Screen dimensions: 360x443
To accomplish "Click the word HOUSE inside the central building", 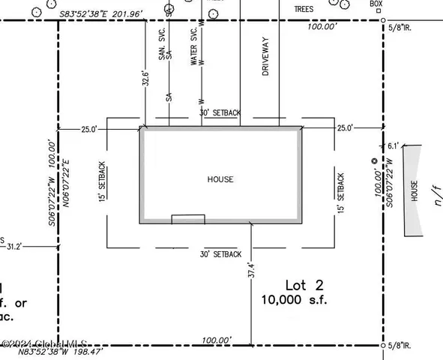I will pos(220,180).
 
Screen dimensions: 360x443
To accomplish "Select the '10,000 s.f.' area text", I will pos(294,300).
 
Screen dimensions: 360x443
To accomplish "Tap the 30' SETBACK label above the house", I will pos(220,112).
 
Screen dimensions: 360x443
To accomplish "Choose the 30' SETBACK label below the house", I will pos(220,254).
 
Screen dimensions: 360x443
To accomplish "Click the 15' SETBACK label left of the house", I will pos(102,181).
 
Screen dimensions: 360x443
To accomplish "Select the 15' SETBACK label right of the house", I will pos(341,191).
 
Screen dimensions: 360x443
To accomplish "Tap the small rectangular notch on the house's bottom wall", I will pos(188,219).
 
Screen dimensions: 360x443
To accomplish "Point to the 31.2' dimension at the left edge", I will pos(13,244).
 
